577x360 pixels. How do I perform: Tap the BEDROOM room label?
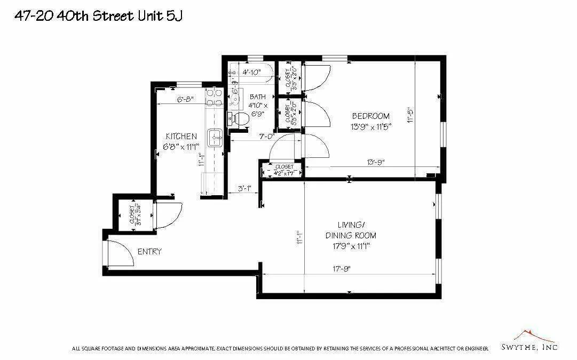(x=370, y=116)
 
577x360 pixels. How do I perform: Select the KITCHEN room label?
(x=181, y=137)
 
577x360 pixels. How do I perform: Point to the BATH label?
(x=258, y=97)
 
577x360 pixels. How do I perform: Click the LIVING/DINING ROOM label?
(x=351, y=229)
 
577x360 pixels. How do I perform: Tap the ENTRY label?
(x=149, y=252)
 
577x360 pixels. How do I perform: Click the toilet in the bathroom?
(x=238, y=119)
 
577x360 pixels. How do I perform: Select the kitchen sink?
(x=216, y=138)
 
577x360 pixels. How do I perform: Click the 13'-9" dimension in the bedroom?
(x=376, y=162)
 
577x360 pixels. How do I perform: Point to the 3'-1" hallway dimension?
(x=244, y=188)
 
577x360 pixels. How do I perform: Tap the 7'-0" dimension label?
(x=267, y=137)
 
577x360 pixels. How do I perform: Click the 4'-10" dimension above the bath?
(x=251, y=72)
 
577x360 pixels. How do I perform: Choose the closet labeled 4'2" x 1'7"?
(x=283, y=170)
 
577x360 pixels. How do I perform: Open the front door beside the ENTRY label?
(x=120, y=252)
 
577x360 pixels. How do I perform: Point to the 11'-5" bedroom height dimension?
(x=411, y=116)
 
